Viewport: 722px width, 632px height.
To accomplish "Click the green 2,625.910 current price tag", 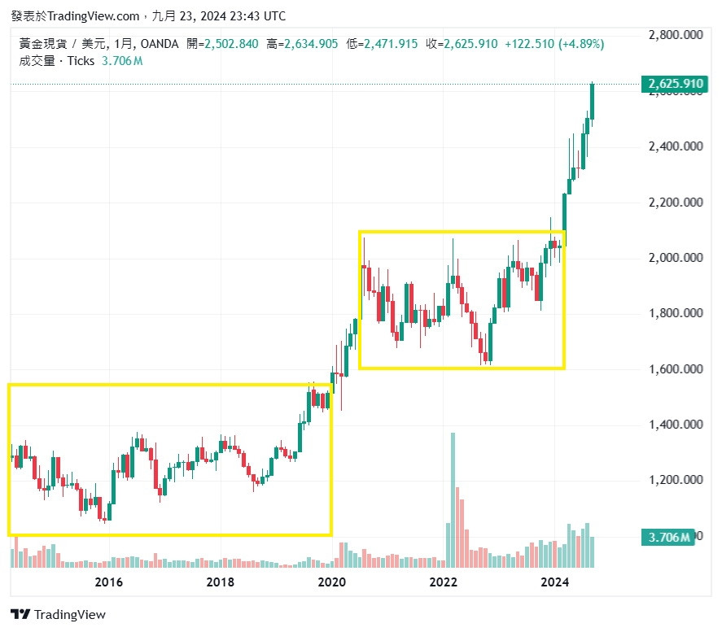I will [674, 84].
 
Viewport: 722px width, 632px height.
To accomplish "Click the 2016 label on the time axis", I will [108, 582].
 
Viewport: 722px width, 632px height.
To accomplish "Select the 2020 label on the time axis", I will [331, 582].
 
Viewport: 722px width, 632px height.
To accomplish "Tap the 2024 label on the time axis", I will [555, 582].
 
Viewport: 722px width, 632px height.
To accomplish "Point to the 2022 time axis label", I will [444, 582].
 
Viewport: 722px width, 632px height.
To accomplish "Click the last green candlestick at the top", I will [592, 102].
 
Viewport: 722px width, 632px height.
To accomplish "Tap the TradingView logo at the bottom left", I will [58, 615].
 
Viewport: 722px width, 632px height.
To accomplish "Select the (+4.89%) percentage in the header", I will [581, 44].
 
